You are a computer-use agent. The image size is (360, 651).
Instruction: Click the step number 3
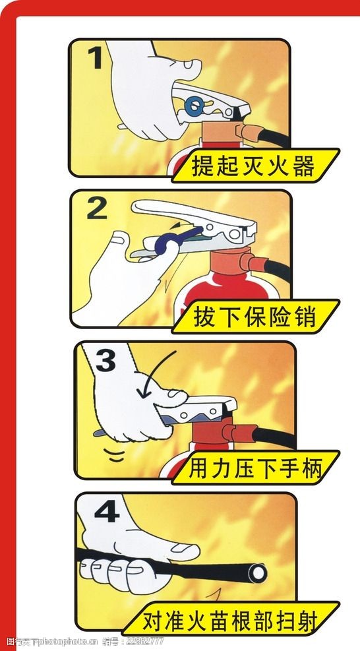tap(106, 359)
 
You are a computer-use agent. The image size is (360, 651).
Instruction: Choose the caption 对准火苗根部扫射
tap(231, 620)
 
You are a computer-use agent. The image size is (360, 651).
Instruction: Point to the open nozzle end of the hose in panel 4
tap(256, 571)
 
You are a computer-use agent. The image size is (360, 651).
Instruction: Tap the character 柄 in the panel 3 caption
tap(313, 469)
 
